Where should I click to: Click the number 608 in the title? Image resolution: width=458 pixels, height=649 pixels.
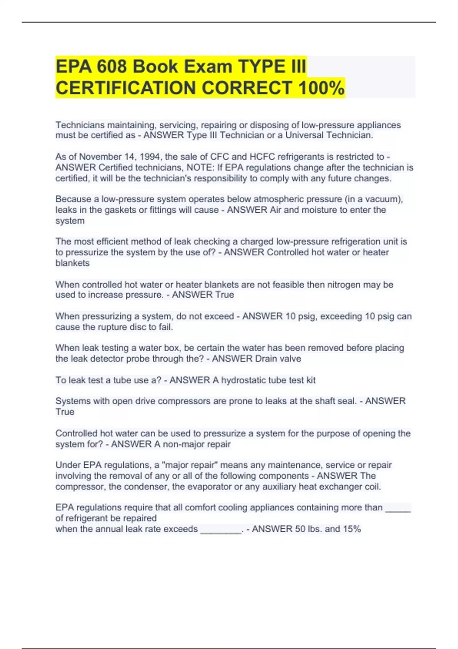click(x=111, y=67)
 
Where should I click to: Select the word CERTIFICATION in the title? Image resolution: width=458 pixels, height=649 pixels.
click(x=126, y=88)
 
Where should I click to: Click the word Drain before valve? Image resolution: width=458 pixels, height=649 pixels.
click(x=267, y=359)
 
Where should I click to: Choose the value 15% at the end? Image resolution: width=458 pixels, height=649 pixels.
click(x=352, y=529)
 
